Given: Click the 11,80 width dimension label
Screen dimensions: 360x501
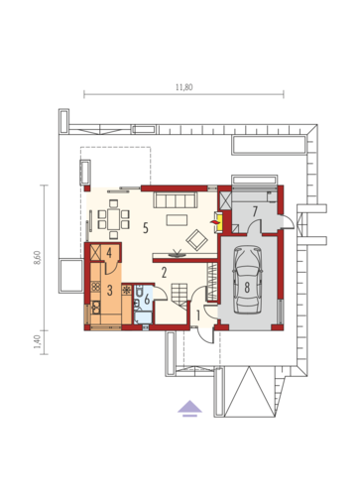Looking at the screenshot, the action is (183, 87).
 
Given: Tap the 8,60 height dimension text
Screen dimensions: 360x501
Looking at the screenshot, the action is (38, 258).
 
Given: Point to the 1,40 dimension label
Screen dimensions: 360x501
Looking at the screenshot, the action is (38, 342).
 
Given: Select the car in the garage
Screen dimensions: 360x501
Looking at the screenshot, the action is (247, 280).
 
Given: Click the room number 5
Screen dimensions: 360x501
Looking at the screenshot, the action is (146, 228).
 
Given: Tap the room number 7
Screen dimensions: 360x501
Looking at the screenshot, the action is (255, 211).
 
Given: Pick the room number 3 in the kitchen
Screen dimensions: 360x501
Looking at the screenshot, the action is (109, 291).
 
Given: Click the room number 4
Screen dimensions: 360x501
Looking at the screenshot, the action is (109, 253).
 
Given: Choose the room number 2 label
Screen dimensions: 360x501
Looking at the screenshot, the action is (164, 273).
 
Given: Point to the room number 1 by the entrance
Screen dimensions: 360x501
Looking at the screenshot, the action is (198, 315).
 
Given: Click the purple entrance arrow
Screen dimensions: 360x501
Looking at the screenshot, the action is (189, 408).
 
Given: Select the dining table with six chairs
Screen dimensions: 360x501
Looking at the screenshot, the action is (113, 219).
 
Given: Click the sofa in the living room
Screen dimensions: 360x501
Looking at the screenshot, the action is (175, 200).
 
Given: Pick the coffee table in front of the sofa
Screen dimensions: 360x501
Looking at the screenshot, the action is (177, 220).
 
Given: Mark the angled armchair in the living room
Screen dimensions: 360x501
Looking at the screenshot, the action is (197, 240).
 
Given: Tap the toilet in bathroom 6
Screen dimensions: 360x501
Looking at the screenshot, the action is (138, 292).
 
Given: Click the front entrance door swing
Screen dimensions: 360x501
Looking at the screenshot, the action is (206, 335).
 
